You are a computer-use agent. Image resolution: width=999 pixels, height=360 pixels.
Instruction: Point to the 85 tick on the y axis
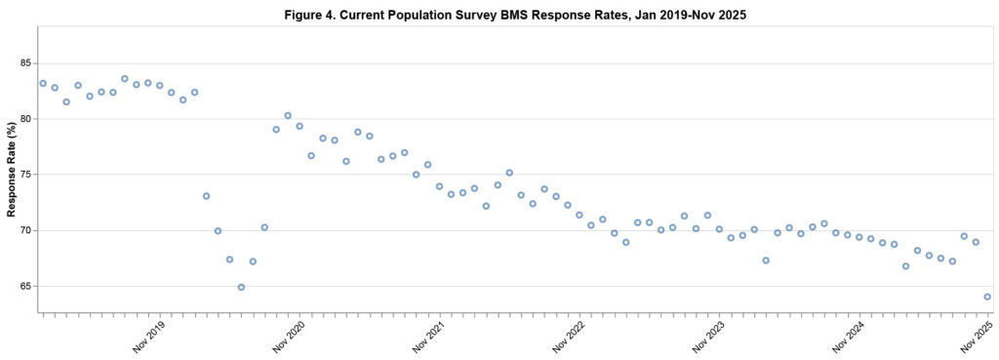(26, 63)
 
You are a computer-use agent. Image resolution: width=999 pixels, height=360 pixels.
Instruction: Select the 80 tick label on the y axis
(26, 119)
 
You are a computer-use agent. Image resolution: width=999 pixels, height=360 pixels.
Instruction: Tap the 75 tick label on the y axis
(26, 175)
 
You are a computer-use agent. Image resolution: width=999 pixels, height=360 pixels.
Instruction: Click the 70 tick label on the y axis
(26, 230)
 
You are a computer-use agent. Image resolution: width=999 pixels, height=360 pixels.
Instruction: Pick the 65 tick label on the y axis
(26, 286)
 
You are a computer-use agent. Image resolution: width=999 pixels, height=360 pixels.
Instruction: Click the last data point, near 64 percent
(987, 297)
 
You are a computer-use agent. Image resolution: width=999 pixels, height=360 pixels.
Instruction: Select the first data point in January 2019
(43, 84)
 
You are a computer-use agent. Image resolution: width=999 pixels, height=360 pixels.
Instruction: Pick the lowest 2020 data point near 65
(241, 287)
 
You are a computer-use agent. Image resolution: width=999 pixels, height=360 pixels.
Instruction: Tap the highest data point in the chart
(125, 79)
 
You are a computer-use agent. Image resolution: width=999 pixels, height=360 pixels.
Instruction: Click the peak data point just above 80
(288, 116)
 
